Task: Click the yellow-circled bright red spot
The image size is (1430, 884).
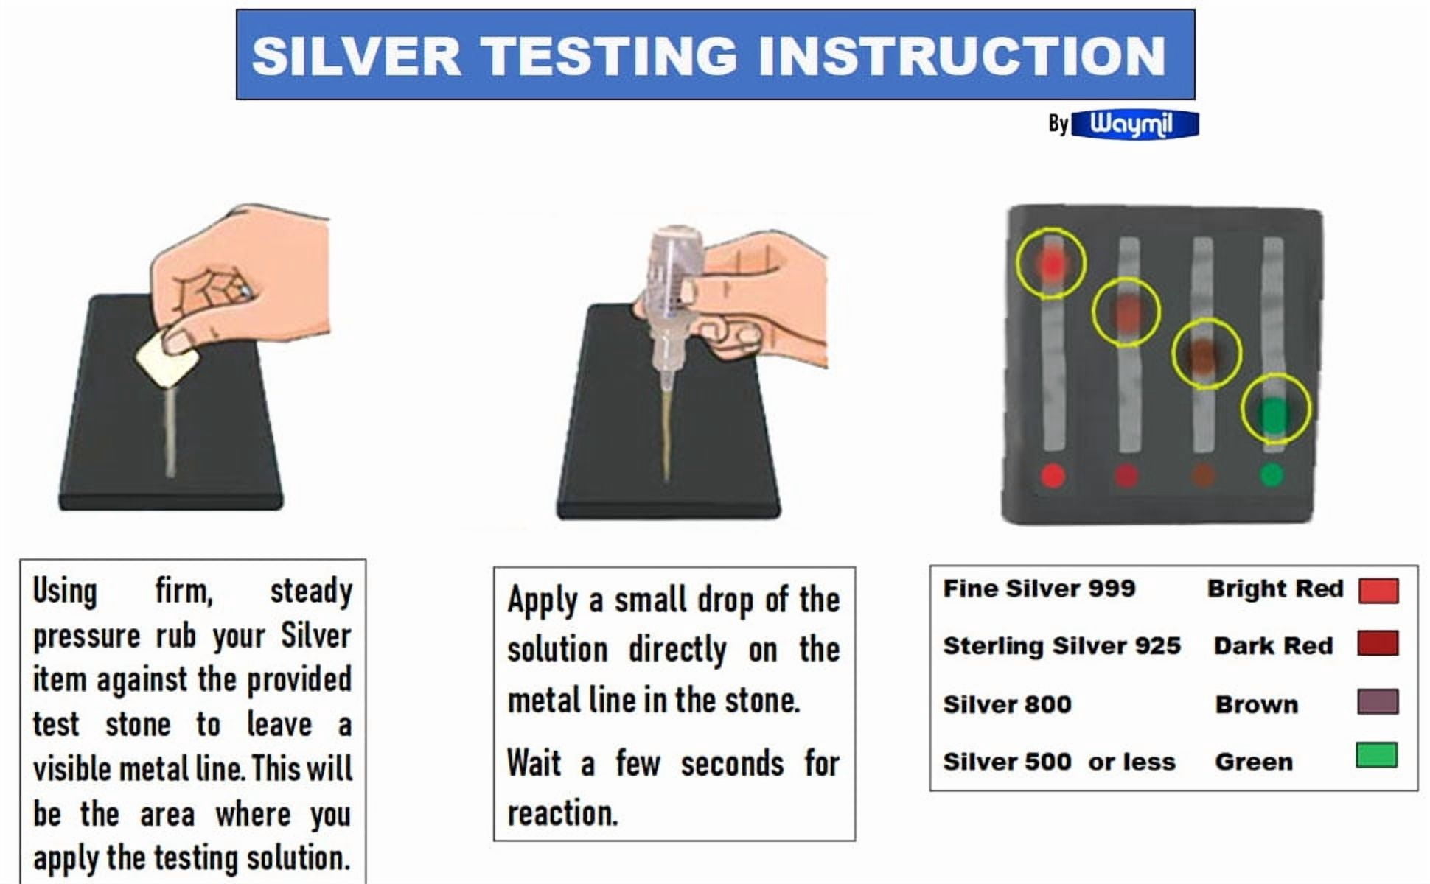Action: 1052,263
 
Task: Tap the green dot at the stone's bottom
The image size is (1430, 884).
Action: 1272,474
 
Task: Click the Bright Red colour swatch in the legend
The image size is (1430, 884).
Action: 1378,590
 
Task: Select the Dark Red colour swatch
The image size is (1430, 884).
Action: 1378,643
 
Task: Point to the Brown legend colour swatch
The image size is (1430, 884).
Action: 1378,701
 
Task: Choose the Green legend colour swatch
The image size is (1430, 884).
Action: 1377,755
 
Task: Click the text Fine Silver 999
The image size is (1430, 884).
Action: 1039,589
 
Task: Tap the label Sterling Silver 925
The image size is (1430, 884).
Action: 1062,646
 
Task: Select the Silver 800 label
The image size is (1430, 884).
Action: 1008,704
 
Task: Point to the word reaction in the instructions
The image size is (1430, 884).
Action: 562,813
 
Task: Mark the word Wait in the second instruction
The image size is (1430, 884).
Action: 534,762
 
